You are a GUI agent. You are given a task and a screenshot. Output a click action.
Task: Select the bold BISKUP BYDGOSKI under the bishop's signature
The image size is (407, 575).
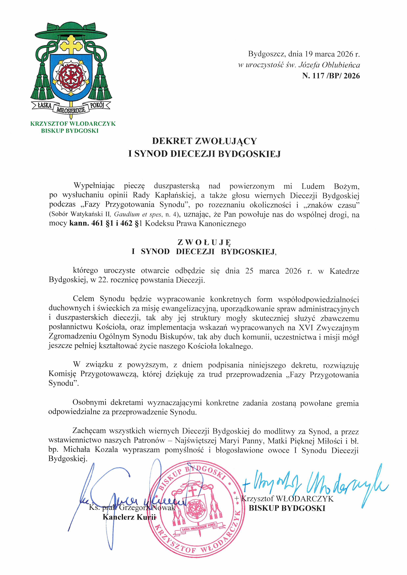click(x=287, y=508)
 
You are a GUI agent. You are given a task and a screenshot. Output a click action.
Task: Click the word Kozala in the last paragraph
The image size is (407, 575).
click(x=106, y=449)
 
